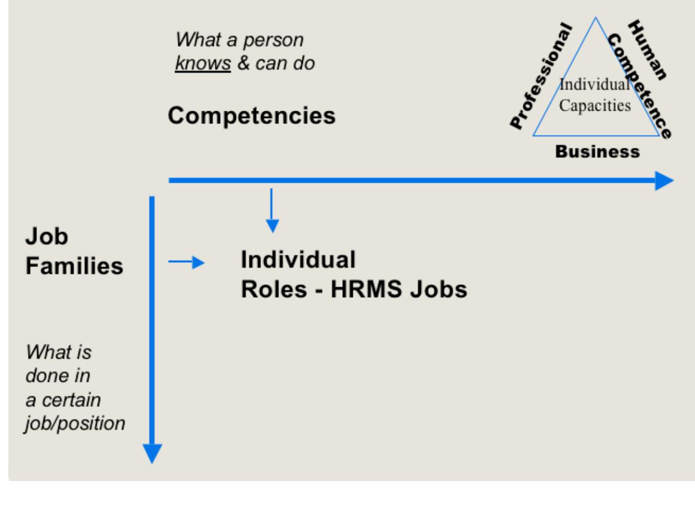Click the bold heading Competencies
pos(251,116)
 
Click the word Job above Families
pos(46,239)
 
